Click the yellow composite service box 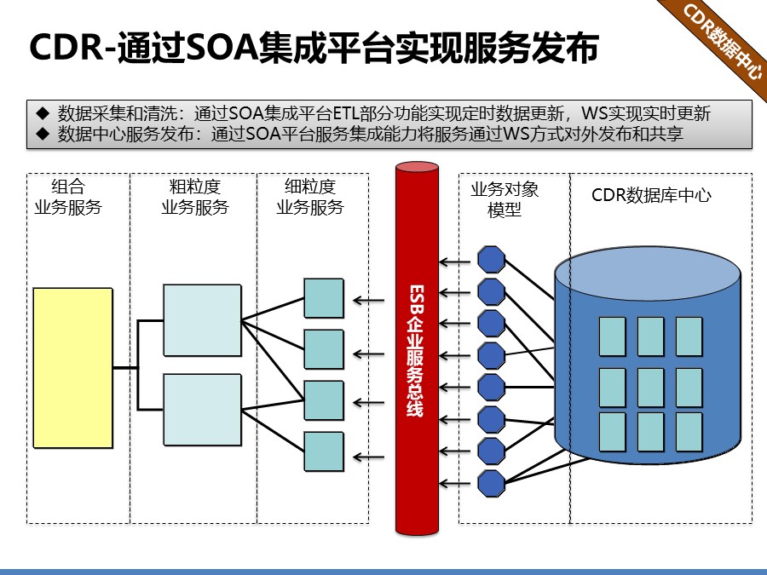[x=72, y=367]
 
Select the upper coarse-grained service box [x=201, y=319]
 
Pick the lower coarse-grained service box [x=201, y=409]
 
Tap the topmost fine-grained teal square [x=324, y=298]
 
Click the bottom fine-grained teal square [x=324, y=451]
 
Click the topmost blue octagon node [x=492, y=260]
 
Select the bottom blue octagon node [x=492, y=483]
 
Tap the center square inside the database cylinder [x=650, y=387]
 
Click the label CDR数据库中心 [x=652, y=195]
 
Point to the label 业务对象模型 [x=505, y=199]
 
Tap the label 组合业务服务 [x=67, y=197]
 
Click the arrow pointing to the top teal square [x=369, y=299]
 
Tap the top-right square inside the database [x=689, y=336]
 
